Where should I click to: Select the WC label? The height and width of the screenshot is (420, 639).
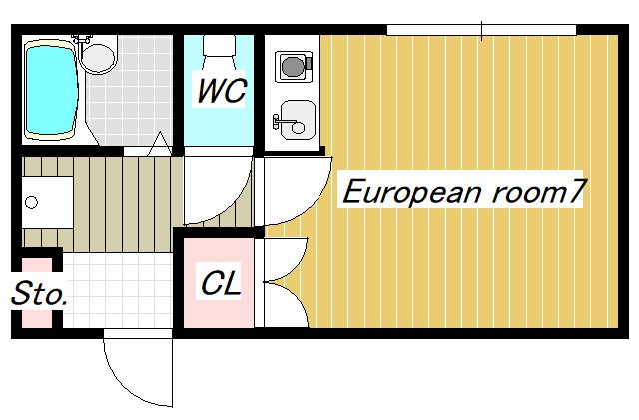tap(221, 91)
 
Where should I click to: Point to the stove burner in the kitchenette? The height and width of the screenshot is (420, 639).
tap(293, 66)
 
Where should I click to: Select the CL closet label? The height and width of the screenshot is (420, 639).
tap(220, 283)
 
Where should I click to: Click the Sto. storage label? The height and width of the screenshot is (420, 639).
tap(39, 295)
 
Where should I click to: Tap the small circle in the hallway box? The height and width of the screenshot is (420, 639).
tap(32, 203)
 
